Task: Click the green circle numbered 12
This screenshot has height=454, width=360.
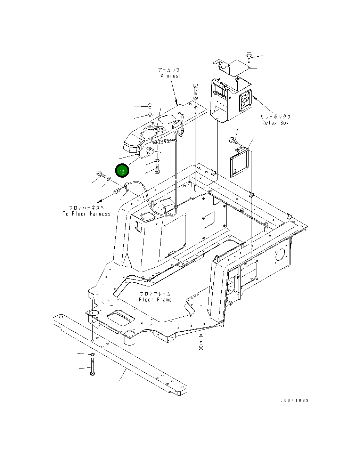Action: point(122,171)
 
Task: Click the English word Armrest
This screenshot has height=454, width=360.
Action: point(171,76)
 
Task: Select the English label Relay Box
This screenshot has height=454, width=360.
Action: point(275,123)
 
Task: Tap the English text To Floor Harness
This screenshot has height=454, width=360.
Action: point(87,214)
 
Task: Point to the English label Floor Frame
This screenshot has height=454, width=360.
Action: point(155,300)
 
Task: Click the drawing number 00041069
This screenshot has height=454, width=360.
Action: point(294,400)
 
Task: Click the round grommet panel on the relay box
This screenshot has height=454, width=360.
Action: point(245,101)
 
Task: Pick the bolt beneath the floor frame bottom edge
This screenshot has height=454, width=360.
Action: point(201,344)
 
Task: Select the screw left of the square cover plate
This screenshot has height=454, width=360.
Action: point(232,141)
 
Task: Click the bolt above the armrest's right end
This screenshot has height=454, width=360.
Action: point(195,89)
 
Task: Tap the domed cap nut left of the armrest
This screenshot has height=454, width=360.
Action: point(149,105)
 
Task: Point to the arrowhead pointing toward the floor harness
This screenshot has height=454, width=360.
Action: point(99,201)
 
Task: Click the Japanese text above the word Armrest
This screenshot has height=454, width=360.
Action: point(171,70)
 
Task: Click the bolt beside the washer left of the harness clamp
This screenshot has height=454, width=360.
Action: point(100,174)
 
